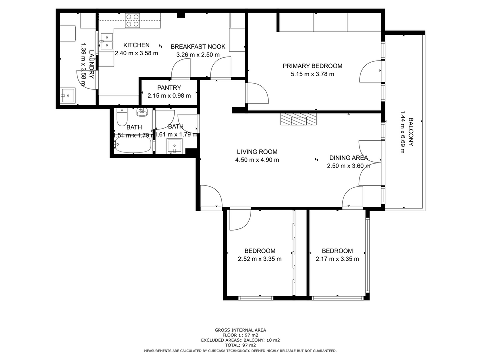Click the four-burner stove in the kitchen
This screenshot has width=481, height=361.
(132, 20)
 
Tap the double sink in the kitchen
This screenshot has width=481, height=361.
(106, 40)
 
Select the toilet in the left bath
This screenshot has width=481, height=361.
(122, 118)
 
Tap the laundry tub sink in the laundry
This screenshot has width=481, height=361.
(67, 95)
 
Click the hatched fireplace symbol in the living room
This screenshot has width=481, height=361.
(299, 119)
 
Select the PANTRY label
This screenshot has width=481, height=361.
(169, 88)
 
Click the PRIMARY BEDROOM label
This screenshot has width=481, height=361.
(312, 66)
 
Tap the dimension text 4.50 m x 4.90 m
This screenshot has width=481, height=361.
(257, 160)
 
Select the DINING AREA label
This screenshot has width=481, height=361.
(348, 158)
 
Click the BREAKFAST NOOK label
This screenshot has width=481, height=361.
(198, 47)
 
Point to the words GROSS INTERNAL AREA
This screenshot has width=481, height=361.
(241, 330)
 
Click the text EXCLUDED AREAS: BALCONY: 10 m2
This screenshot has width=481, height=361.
(241, 340)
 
